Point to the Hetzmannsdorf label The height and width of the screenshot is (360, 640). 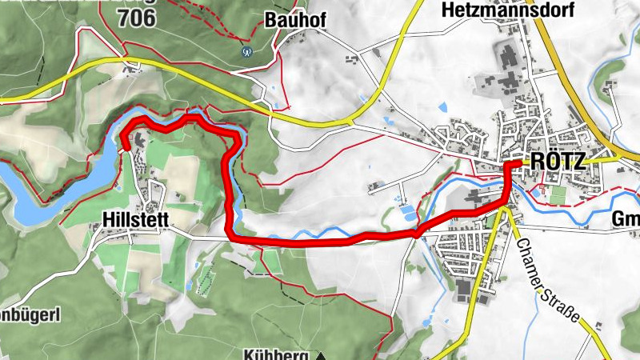click(x=491, y=10)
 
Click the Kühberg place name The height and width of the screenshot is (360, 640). click(x=277, y=354)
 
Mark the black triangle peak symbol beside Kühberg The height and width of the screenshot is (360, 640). click(x=321, y=354)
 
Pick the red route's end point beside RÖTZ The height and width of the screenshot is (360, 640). click(x=518, y=162)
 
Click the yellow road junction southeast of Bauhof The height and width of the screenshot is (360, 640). click(x=352, y=122)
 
